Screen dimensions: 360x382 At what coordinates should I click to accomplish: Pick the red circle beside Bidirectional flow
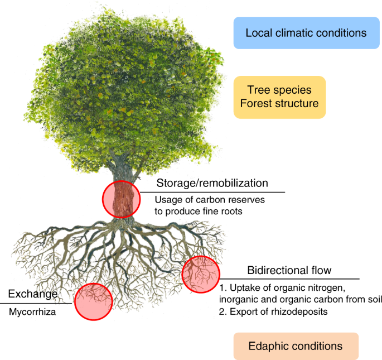point(201,274)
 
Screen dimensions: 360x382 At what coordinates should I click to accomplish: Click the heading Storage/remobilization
point(212,184)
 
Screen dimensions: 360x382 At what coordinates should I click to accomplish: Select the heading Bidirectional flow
point(289,271)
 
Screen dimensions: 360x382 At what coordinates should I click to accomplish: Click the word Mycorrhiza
point(32,312)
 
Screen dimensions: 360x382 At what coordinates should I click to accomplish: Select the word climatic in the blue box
point(292,32)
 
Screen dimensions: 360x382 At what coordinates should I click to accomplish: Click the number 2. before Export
point(222,311)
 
